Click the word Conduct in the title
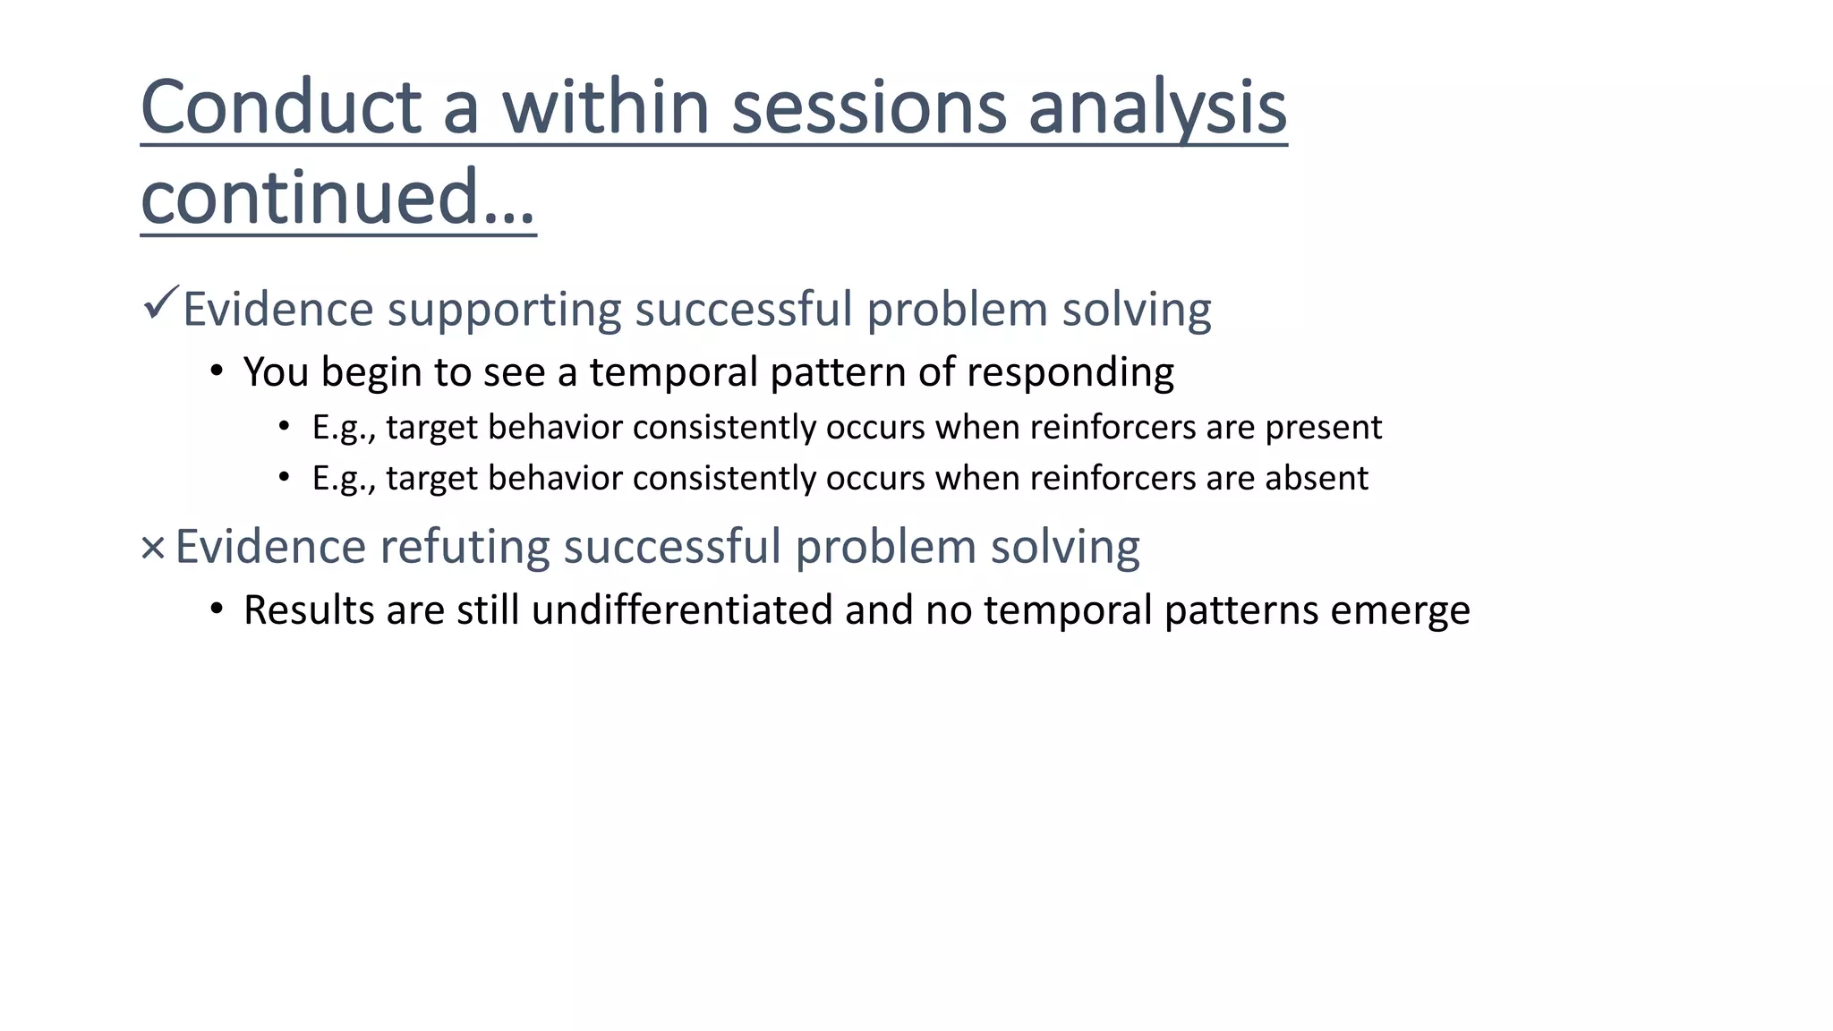click(281, 107)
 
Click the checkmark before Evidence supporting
click(161, 303)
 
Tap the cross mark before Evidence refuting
click(153, 548)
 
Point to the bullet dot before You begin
click(216, 371)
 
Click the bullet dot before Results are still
click(216, 609)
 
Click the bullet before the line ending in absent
click(284, 477)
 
